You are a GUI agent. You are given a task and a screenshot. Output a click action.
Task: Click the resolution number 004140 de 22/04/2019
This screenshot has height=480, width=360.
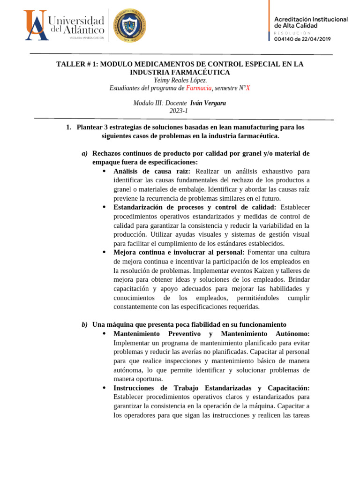click(302, 40)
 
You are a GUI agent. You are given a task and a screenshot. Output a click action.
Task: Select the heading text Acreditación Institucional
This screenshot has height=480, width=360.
click(311, 19)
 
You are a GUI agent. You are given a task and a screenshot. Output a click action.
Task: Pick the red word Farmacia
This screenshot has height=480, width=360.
click(199, 88)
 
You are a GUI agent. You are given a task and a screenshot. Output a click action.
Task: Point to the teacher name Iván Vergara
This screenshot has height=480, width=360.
click(208, 103)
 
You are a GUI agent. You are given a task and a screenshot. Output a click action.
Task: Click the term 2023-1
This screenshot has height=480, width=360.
click(179, 111)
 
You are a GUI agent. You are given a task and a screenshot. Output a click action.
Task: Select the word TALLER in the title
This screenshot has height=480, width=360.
click(70, 64)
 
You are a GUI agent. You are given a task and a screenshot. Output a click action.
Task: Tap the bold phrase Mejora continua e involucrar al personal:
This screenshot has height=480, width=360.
click(179, 252)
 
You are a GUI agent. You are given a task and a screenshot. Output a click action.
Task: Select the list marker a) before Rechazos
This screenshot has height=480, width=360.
click(84, 153)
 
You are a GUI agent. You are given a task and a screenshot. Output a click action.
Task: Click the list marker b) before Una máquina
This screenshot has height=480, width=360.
click(84, 324)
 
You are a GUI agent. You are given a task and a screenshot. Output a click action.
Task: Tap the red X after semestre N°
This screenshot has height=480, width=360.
click(248, 88)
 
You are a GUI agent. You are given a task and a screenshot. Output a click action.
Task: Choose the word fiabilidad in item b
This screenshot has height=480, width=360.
click(194, 324)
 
